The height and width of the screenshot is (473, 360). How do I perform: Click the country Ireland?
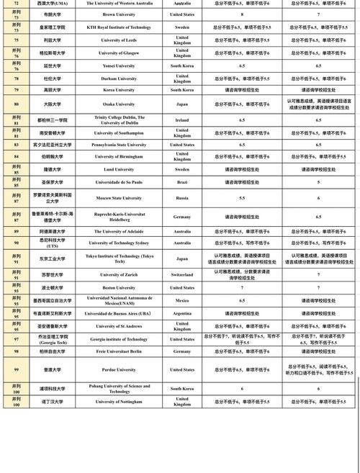pos(182,120)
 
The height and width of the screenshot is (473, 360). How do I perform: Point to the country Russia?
pos(182,197)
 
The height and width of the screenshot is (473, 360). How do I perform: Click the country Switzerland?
pos(182,275)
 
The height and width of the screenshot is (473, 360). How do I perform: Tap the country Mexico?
pos(182,300)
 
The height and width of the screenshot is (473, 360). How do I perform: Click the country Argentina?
pos(182,313)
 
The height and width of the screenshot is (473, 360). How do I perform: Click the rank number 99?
pos(16,369)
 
